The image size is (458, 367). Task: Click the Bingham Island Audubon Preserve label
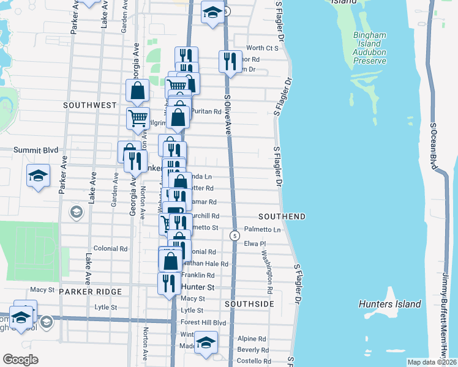point(370,48)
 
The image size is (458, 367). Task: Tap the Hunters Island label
point(390,304)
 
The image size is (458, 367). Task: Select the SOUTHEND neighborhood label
point(282,217)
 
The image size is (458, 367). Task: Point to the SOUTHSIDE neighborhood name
point(249,304)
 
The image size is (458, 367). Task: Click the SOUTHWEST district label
point(90,105)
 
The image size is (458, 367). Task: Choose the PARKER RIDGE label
point(91,292)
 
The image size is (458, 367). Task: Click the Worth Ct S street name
point(262,48)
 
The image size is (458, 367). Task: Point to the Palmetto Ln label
point(262,230)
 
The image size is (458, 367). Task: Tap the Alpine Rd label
point(252,338)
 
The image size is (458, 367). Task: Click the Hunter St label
point(198,287)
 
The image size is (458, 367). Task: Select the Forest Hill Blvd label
point(203,322)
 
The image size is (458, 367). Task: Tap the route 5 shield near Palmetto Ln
point(235,236)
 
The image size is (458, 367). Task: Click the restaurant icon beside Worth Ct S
point(230,61)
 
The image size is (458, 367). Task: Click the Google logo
point(20,360)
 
